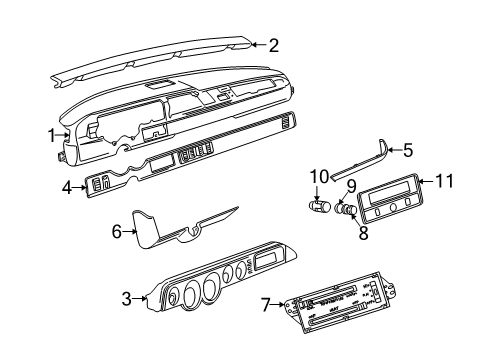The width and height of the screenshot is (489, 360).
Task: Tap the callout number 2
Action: click(273, 43)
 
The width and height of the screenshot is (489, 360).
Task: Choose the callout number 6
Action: click(116, 231)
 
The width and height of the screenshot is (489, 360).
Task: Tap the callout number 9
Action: click(352, 185)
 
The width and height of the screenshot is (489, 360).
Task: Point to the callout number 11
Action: click(444, 180)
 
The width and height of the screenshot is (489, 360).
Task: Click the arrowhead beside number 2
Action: click(255, 44)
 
